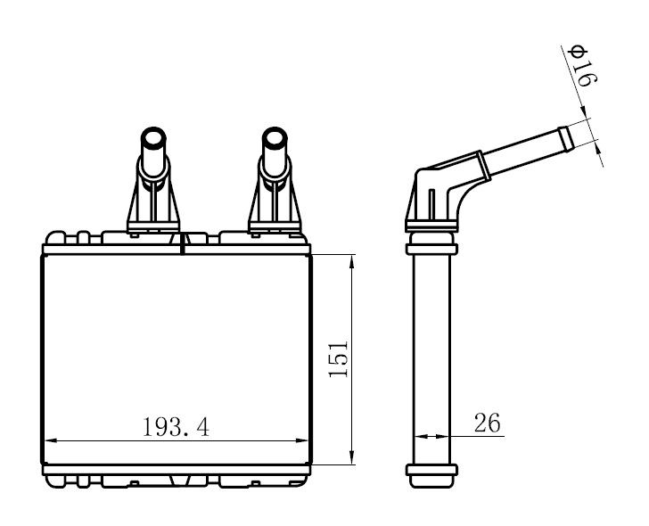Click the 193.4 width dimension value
click(x=176, y=427)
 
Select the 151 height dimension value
click(x=338, y=358)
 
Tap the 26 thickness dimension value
click(x=487, y=423)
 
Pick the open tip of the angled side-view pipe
click(x=565, y=139)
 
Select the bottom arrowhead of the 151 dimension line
click(x=352, y=457)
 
